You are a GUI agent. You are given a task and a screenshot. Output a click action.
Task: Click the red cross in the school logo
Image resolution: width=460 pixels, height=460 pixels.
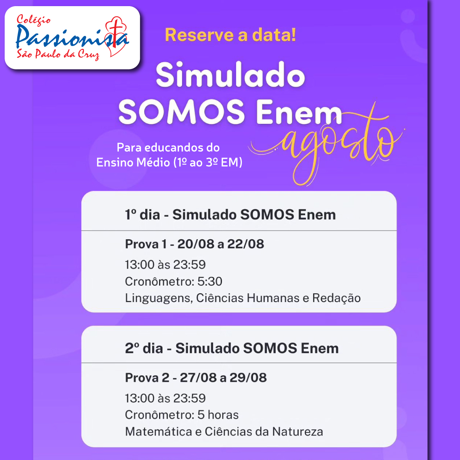[115, 33]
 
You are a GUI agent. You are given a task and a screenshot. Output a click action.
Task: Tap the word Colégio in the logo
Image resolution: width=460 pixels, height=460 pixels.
[33, 20]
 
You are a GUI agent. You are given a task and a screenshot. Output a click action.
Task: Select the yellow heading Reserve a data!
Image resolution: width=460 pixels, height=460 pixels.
[230, 35]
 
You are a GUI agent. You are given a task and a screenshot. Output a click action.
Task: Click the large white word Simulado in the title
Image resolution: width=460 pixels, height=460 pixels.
[230, 75]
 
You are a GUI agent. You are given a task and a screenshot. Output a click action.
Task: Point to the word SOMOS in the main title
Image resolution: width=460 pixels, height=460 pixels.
[182, 112]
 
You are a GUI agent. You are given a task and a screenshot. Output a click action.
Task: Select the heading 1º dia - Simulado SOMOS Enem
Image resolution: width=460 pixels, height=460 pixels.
[230, 215]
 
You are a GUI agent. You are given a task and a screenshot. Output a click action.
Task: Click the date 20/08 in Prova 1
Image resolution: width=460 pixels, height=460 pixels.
[196, 244]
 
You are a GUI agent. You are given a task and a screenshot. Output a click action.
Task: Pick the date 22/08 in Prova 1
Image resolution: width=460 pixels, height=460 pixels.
[246, 244]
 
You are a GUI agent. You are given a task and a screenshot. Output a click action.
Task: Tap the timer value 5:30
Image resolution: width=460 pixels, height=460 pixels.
[210, 281]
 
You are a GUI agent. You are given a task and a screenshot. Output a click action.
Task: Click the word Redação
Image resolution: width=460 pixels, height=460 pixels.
[336, 298]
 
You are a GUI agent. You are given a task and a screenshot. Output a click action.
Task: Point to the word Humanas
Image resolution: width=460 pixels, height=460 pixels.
[273, 298]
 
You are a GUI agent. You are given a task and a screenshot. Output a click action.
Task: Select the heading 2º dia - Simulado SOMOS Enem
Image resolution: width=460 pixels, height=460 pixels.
[232, 348]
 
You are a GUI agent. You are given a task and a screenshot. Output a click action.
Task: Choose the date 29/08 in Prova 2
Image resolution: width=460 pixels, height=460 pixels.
[248, 378]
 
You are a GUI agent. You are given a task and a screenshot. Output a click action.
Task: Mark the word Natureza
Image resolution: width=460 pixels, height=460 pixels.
[298, 432]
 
